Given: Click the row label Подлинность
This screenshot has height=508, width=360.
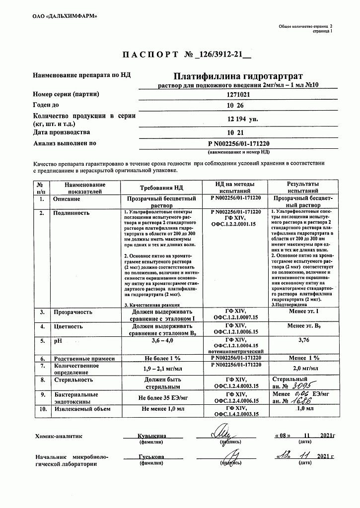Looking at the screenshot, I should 71,212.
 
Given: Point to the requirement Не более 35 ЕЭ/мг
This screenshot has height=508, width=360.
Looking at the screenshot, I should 161,398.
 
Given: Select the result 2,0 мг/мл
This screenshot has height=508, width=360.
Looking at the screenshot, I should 303,369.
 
